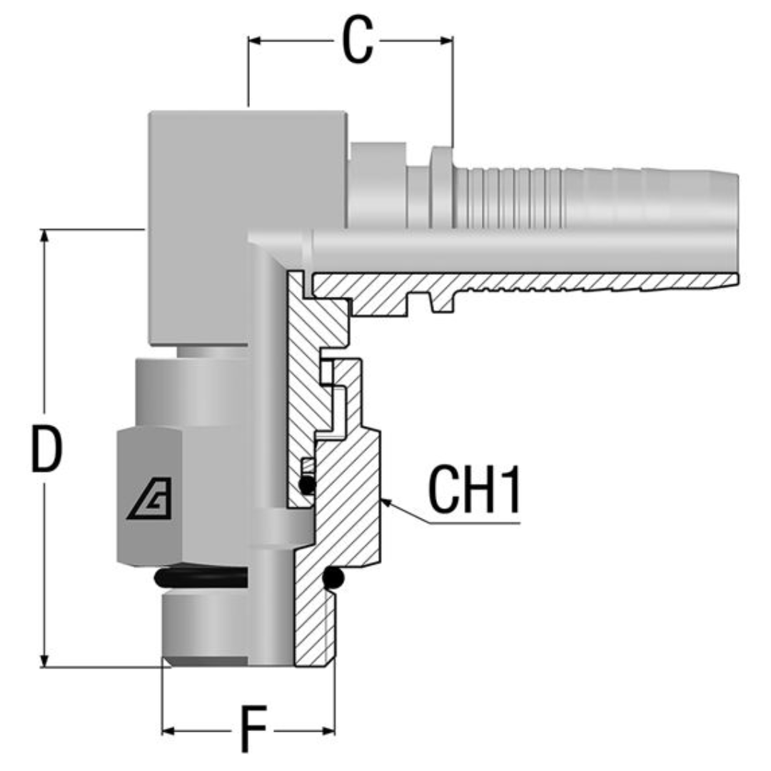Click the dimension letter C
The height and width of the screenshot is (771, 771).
(358, 41)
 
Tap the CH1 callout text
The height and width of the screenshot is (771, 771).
(474, 491)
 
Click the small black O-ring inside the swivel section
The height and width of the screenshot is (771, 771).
(307, 485)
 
